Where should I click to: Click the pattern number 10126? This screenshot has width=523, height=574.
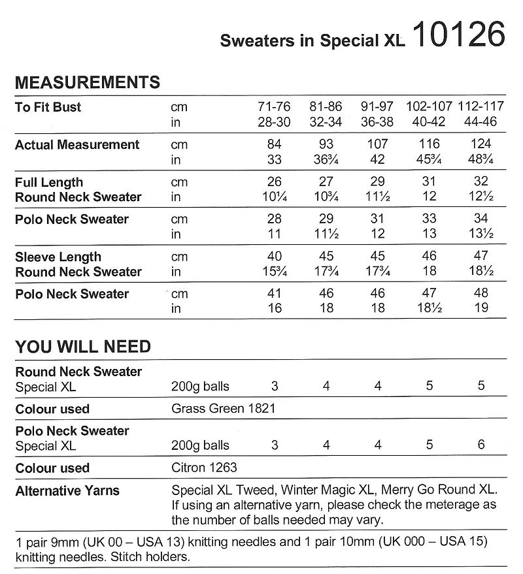point(459,36)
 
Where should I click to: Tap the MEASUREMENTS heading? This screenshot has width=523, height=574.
point(87,82)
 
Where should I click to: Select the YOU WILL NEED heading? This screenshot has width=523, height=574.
point(82,347)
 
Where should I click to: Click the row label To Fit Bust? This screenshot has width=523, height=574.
point(48,107)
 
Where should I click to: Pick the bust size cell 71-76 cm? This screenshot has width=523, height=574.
point(275,106)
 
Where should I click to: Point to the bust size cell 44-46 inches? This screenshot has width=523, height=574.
point(481,121)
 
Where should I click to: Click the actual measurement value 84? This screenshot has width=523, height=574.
point(275,144)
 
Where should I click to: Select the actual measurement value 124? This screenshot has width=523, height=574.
point(481,144)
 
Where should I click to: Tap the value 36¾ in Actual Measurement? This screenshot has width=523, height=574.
point(326,159)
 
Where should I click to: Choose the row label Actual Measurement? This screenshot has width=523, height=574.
point(77,144)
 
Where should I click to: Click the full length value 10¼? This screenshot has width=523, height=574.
point(275,197)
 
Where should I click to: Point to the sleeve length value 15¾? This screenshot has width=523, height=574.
point(275,272)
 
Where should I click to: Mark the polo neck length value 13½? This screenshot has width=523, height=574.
point(481,234)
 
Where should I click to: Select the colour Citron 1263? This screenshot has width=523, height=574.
point(204,468)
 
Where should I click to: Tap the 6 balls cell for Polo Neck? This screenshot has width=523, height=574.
point(481,445)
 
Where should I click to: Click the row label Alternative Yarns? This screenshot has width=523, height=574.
point(67,490)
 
